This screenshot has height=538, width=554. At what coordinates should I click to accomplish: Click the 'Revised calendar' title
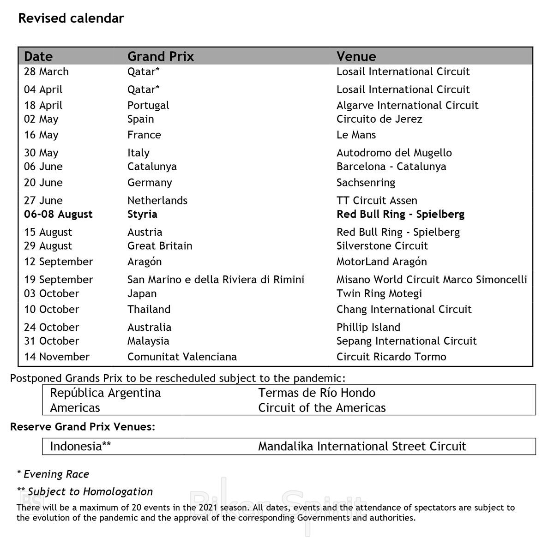point(71,18)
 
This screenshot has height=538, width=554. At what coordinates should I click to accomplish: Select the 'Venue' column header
point(356,56)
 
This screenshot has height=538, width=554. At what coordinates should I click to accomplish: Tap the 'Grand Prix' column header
point(160,56)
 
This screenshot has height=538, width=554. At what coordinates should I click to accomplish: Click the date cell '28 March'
point(46,72)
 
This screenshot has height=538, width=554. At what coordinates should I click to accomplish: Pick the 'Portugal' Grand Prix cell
point(148,105)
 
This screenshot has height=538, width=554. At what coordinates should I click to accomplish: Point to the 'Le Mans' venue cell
point(356,135)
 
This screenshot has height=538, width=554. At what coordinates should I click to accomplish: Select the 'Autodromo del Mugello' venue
point(394,153)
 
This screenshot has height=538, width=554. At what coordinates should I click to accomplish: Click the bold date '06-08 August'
point(58,214)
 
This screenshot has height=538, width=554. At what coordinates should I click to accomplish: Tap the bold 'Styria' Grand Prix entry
point(142,214)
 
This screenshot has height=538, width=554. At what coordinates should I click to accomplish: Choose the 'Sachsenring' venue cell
point(366,182)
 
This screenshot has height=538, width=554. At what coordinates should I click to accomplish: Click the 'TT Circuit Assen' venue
point(377,200)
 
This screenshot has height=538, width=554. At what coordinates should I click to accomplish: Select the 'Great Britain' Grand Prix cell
point(160,245)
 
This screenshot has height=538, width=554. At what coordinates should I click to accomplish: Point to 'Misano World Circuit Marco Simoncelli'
point(432,280)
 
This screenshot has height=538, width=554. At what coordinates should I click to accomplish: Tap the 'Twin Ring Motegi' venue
point(379,293)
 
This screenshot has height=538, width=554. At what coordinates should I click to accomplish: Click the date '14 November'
point(57,357)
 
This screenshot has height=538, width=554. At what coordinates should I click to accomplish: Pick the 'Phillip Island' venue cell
point(368,327)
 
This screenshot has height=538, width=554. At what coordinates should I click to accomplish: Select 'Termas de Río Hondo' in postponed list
point(317,393)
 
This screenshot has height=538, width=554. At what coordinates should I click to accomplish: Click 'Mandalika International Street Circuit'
point(362,446)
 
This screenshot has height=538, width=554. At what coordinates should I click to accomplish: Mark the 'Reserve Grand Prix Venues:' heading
point(83,427)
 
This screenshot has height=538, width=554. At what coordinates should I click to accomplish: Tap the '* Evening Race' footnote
point(53,474)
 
